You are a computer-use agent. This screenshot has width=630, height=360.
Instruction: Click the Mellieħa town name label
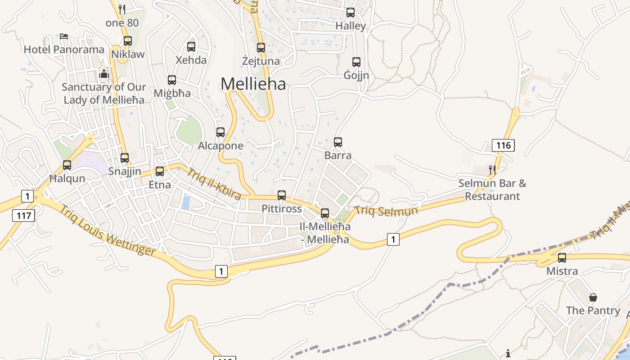[x=253, y=84]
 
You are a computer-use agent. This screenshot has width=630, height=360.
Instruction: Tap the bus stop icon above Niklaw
[x=128, y=41]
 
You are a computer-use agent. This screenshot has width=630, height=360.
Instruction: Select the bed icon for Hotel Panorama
[x=64, y=36]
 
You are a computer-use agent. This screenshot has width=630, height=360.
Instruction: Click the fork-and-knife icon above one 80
[x=121, y=9]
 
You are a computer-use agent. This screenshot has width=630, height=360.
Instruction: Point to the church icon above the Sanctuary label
[x=104, y=74]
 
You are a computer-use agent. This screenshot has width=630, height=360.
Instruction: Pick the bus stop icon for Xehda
[x=191, y=46]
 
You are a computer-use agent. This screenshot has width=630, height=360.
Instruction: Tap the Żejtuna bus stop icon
[x=261, y=47]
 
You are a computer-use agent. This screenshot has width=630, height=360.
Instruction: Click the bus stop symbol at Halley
[x=351, y=13]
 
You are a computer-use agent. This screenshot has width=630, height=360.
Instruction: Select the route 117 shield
[x=23, y=216]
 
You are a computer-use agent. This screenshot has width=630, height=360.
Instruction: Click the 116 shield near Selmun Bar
[x=503, y=145]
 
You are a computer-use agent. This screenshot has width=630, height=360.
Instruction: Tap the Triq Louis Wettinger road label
[x=108, y=231]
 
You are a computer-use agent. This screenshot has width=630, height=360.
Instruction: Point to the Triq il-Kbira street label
[x=214, y=184]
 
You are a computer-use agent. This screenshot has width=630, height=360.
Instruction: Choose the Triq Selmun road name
[x=386, y=210]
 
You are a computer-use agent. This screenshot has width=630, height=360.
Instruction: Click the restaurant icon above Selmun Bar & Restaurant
[x=492, y=170]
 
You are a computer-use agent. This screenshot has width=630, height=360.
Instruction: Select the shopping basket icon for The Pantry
[x=593, y=297]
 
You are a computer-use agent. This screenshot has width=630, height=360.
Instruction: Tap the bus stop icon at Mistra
[x=562, y=258]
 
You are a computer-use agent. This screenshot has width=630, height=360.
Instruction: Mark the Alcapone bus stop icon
[x=220, y=132]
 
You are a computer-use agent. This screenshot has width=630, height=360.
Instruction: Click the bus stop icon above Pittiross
[x=282, y=195]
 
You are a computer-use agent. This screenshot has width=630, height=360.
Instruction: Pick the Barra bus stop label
[x=338, y=156]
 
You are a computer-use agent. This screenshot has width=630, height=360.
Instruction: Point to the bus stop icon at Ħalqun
[x=67, y=165]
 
